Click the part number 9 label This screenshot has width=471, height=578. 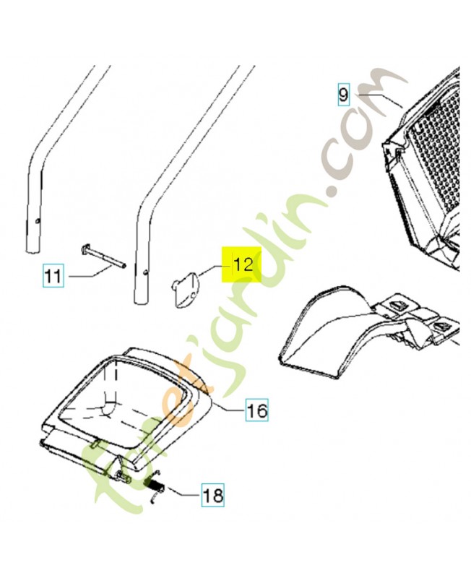[343, 95]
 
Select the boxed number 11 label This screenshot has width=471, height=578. [53, 276]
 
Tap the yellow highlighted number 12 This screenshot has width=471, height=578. [241, 264]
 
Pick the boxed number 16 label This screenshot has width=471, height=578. [257, 410]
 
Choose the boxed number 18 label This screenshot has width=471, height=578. [212, 494]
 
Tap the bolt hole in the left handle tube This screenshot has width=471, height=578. [38, 221]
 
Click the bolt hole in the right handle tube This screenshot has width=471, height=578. [146, 273]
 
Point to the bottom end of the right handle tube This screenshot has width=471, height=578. [139, 302]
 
